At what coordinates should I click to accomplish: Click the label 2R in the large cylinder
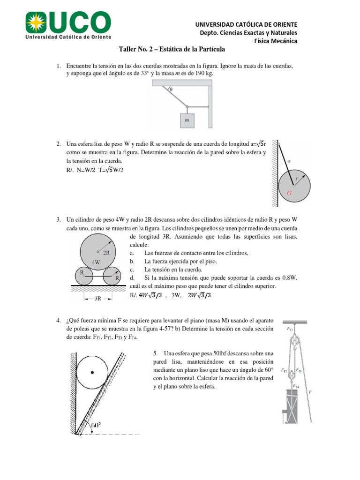point(106,253)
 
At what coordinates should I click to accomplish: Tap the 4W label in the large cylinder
point(96,262)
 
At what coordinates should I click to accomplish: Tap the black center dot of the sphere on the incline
point(92,372)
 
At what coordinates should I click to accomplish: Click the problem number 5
point(155,352)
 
